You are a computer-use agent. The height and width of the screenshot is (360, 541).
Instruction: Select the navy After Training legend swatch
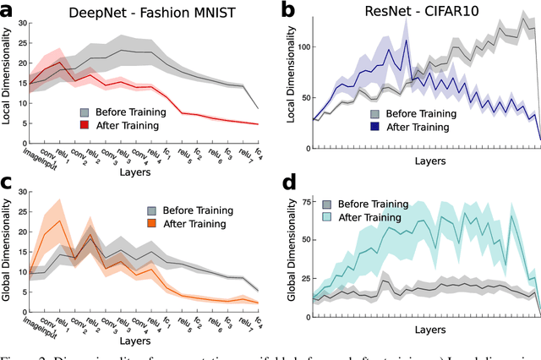(x=374, y=128)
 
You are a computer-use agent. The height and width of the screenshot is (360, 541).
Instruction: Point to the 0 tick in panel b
(x=303, y=139)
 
